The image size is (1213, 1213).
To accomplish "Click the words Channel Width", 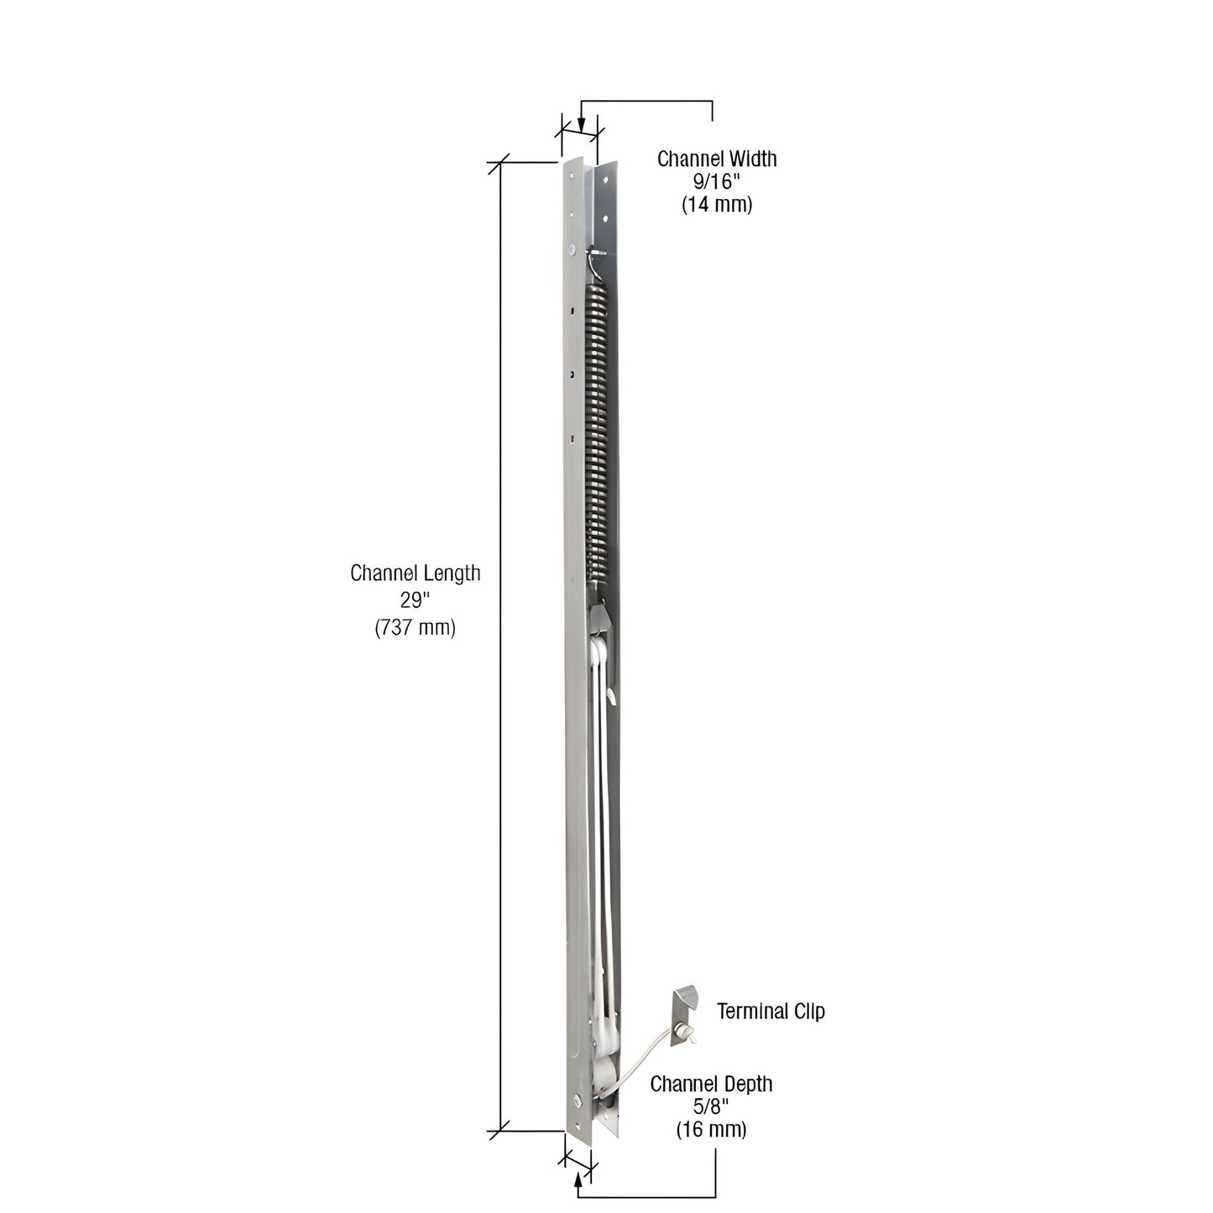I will pos(716,159).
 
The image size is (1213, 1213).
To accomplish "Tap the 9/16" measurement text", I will pos(716,181).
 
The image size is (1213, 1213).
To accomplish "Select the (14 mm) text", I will pos(716,204).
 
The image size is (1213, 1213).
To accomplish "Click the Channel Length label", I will pos(415,573).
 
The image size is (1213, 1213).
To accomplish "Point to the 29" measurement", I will pos(415,600).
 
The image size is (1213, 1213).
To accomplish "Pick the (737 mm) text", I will pos(415,627).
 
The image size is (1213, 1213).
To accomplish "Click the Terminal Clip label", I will pos(770,1012).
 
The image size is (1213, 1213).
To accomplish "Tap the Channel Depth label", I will pos(711,1084).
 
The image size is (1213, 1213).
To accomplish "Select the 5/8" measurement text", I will pos(711,1106).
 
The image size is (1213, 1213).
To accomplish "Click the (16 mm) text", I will pos(711,1130).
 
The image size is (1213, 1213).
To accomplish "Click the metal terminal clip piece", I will pos(684,1006).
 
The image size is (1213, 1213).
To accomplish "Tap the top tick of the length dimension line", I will pos(501,162).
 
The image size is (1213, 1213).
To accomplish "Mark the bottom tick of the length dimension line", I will pos(501,1130).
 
